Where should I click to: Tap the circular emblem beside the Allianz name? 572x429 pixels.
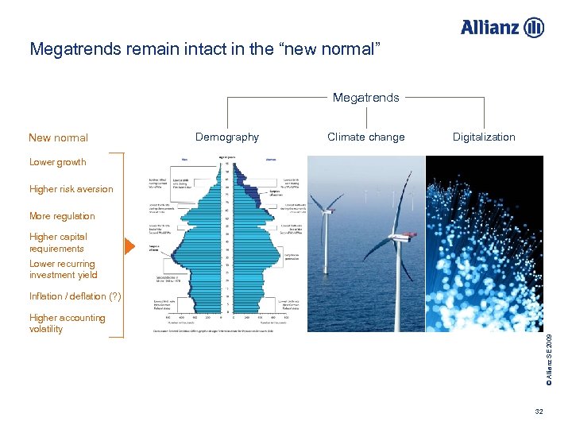(534, 27)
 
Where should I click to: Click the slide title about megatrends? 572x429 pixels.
(206, 50)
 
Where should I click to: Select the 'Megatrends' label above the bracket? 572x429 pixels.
(365, 98)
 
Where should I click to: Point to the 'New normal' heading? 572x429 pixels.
(58, 137)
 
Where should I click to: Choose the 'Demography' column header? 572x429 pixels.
(227, 137)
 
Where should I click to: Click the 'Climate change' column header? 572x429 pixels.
(365, 137)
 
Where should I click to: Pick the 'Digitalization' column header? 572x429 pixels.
(484, 137)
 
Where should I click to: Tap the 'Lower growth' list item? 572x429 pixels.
(57, 162)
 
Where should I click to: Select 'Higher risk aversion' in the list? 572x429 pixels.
(71, 189)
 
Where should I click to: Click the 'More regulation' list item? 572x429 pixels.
(61, 216)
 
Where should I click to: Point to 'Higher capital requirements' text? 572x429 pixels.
(58, 242)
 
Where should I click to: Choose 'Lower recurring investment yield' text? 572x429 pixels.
(63, 269)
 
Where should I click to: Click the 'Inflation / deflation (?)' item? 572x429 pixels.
(75, 296)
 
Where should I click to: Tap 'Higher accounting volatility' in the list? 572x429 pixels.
(67, 323)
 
